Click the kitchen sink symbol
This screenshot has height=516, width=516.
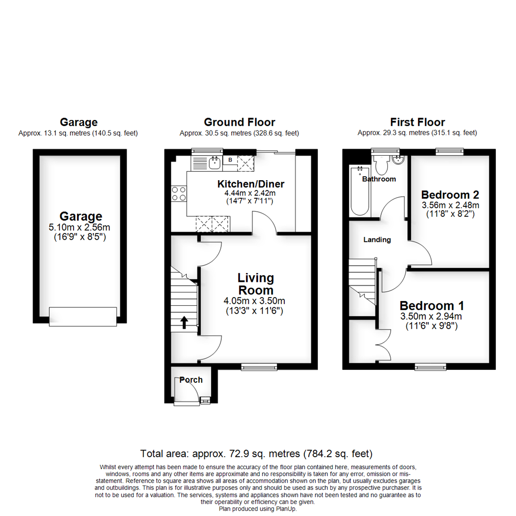pyautogui.click(x=215, y=163)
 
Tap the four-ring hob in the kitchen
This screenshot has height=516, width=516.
pyautogui.click(x=179, y=193)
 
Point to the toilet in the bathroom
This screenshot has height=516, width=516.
pyautogui.click(x=381, y=165)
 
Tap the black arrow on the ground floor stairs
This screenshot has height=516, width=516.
pyautogui.click(x=184, y=322)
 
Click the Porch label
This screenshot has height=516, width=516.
pyautogui.click(x=191, y=380)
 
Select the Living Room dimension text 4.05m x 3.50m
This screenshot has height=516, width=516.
pyautogui.click(x=254, y=301)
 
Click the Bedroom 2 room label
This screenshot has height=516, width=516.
pyautogui.click(x=450, y=195)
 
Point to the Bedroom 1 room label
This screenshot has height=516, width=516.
pyautogui.click(x=432, y=306)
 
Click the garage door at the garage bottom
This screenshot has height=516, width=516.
pyautogui.click(x=83, y=316)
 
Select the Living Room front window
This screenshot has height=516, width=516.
pyautogui.click(x=259, y=366)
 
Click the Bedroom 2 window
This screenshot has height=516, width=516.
pyautogui.click(x=450, y=151)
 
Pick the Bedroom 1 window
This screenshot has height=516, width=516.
pyautogui.click(x=430, y=366)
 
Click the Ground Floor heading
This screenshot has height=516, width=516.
pyautogui.click(x=239, y=122)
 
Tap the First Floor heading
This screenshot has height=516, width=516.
pyautogui.click(x=417, y=122)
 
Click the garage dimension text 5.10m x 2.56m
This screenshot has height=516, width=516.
pyautogui.click(x=79, y=227)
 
